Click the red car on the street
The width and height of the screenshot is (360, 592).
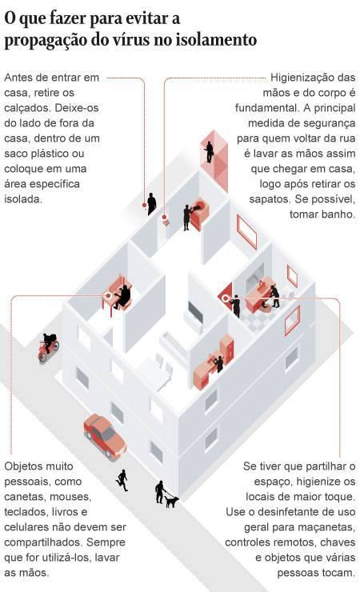(x=105, y=437)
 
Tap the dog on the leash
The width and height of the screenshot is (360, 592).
(x=172, y=502)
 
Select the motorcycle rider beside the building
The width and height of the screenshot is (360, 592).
(x=49, y=346)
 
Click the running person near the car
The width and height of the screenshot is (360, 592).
(x=122, y=480)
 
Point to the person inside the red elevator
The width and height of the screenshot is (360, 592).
(x=209, y=152)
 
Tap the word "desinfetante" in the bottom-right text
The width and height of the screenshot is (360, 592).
(x=290, y=512)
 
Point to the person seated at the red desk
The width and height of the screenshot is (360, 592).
(x=122, y=297)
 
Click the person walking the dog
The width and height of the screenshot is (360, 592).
(x=160, y=492)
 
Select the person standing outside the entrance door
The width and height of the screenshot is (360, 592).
(x=151, y=204)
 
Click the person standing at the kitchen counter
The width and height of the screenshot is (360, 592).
(x=218, y=363)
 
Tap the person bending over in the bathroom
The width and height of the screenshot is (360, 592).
(x=275, y=296)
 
